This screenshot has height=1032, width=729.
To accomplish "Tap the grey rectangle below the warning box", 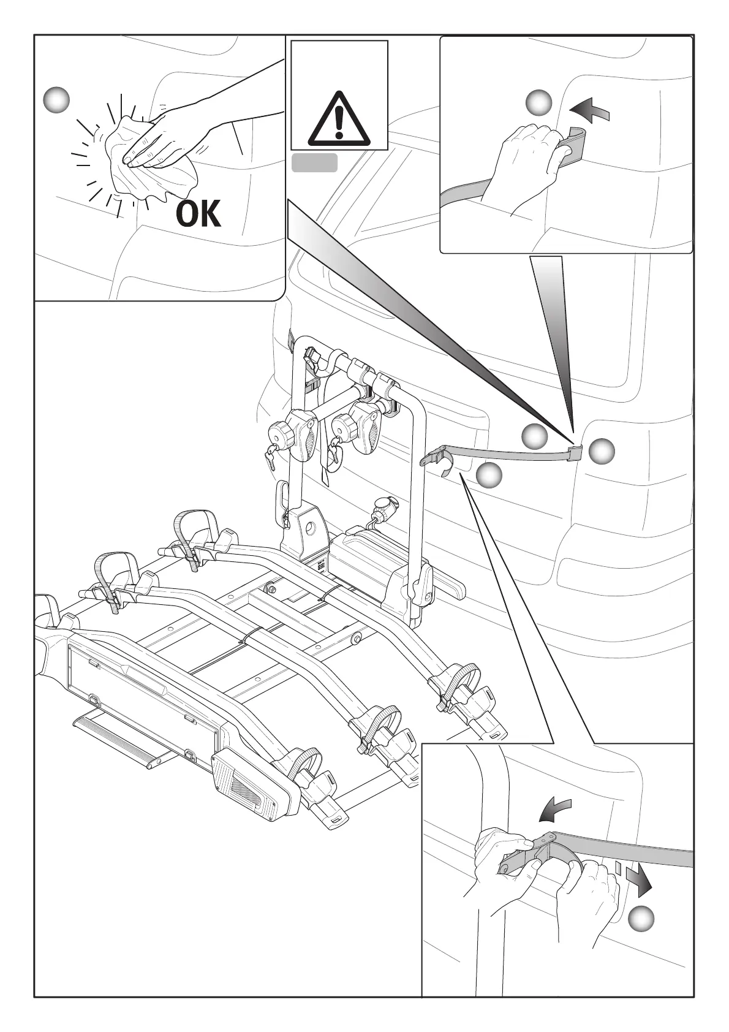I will click(x=314, y=163).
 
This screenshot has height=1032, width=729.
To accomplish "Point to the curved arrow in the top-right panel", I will click(x=589, y=111).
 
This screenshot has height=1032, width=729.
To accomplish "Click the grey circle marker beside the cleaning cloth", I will click(x=56, y=99).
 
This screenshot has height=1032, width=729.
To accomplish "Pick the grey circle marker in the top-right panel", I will click(x=540, y=102).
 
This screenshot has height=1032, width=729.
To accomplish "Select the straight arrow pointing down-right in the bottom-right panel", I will click(x=640, y=881).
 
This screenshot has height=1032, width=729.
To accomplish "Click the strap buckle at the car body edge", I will click(x=575, y=453).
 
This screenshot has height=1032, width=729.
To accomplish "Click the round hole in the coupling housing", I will click(x=311, y=528).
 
